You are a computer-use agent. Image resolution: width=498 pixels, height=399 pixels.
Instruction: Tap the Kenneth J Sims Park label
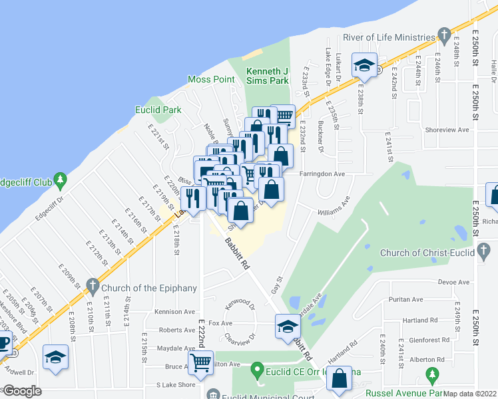(268, 76)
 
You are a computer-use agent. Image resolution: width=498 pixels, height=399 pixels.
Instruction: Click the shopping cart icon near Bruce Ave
(200, 363)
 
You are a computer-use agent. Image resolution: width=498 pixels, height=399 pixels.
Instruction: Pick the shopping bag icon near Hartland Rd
(340, 379)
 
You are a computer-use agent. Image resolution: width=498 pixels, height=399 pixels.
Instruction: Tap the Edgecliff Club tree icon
(61, 180)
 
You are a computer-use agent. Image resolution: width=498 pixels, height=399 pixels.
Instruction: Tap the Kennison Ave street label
(176, 311)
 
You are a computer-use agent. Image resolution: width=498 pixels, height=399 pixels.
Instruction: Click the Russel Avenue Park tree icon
(433, 377)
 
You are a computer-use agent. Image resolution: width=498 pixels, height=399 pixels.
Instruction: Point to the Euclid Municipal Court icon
(213, 394)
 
